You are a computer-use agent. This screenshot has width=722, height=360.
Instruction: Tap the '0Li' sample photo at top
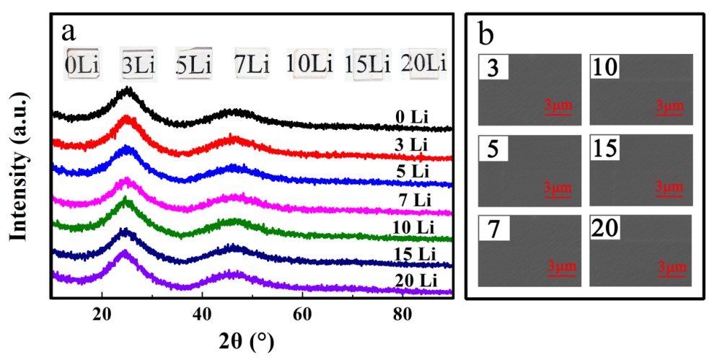pos(82,63)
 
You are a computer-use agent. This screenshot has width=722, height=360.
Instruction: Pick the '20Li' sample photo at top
pos(424,63)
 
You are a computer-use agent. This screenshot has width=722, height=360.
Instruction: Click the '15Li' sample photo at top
pos(367,63)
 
